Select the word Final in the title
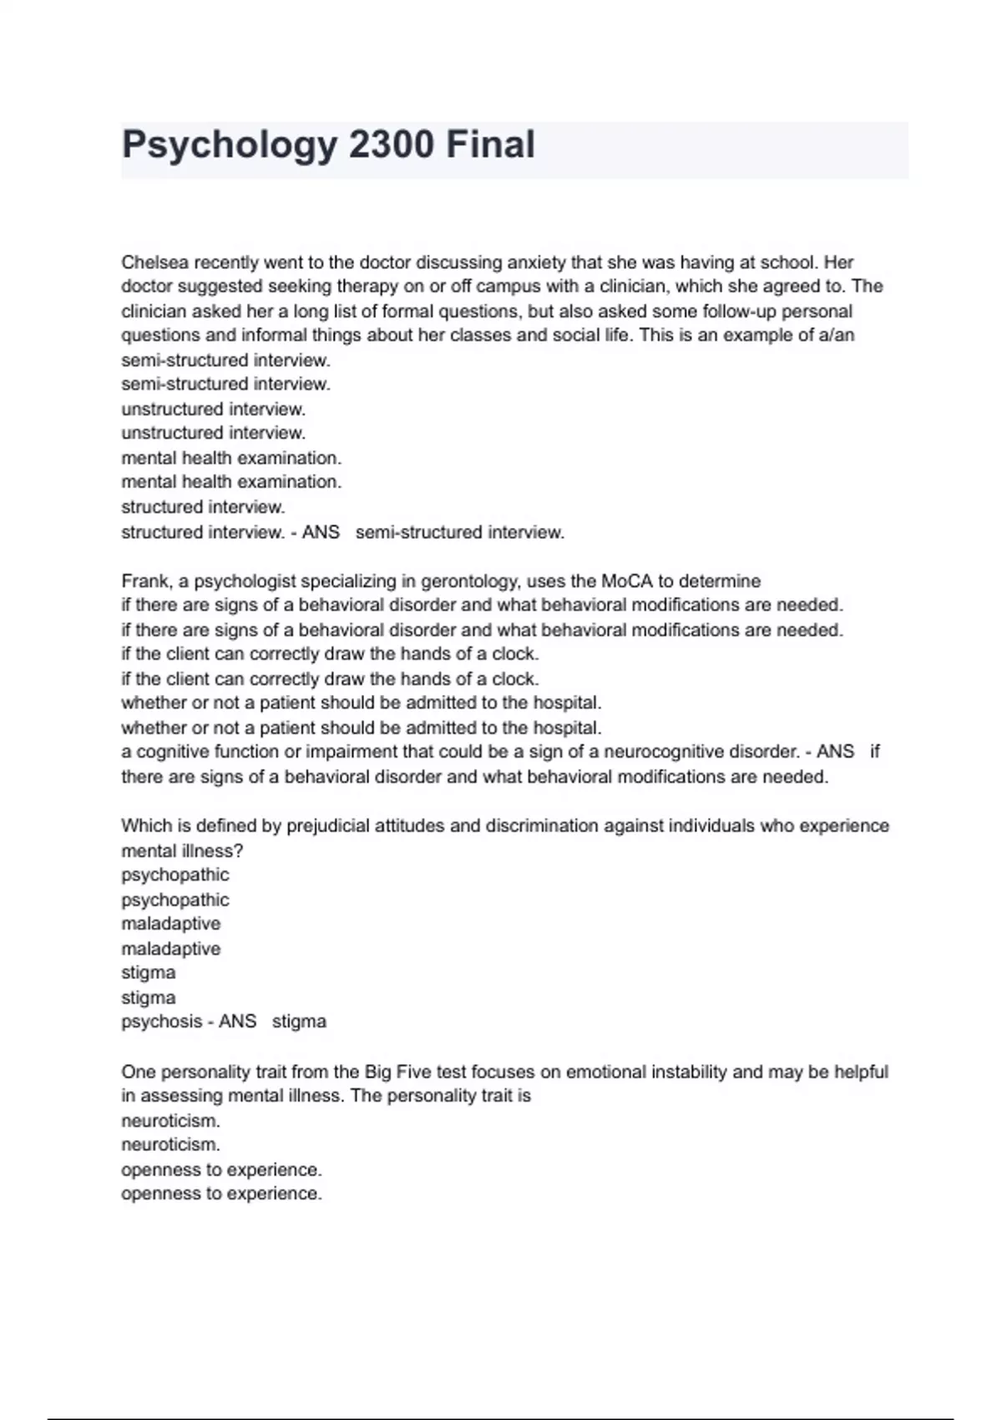(490, 145)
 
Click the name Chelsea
(154, 262)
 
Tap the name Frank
(145, 581)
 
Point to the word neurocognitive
(660, 752)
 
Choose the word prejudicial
(330, 826)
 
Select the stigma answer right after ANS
(299, 1022)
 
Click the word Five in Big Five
(424, 1072)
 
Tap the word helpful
(858, 1072)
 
